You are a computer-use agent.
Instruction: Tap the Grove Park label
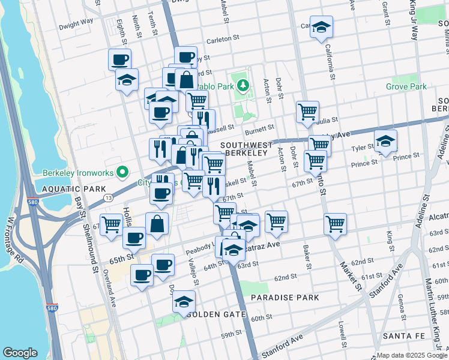click(x=407, y=87)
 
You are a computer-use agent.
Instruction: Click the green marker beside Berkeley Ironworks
click(x=122, y=173)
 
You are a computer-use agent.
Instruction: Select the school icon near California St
click(x=322, y=27)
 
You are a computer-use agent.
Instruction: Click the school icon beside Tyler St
click(x=385, y=142)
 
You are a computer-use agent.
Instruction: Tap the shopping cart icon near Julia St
click(x=307, y=111)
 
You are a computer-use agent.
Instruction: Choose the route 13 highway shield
click(x=108, y=197)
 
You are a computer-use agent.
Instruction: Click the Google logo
click(x=20, y=353)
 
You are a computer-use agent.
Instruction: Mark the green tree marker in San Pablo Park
click(x=244, y=85)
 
